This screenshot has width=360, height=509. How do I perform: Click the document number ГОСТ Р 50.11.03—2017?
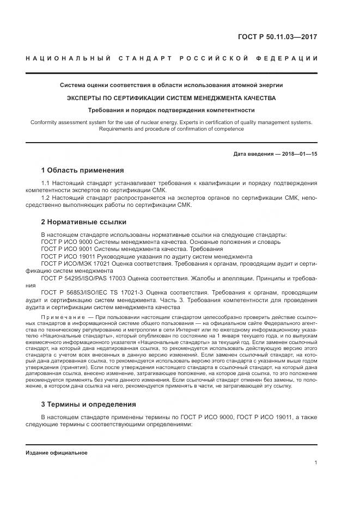click(277, 37)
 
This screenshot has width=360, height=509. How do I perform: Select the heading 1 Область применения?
click(82, 170)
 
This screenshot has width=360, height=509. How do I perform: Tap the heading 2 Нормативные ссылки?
click(84, 222)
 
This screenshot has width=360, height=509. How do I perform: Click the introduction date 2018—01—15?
click(300, 154)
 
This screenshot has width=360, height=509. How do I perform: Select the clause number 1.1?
click(46, 183)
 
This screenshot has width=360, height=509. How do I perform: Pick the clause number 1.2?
click(46, 198)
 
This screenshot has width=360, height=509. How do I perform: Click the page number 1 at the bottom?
click(316, 463)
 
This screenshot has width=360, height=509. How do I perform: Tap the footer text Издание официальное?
click(57, 453)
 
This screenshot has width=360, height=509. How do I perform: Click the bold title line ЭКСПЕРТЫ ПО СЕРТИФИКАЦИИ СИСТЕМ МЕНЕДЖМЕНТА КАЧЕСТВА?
click(172, 98)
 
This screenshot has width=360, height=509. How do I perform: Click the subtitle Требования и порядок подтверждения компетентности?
click(172, 110)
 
